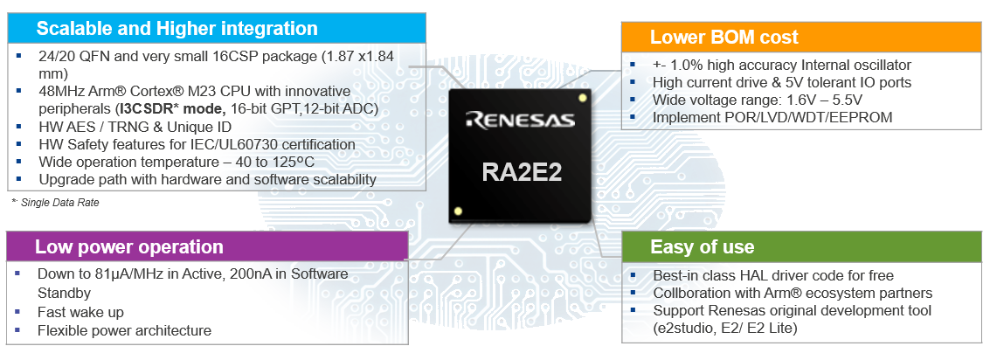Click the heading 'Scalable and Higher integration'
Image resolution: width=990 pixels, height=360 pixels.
tap(177, 28)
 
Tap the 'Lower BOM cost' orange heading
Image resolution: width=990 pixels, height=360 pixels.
tap(723, 37)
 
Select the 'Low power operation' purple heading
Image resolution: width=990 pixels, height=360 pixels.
tap(129, 247)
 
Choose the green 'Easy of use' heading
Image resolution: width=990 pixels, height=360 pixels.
tap(702, 246)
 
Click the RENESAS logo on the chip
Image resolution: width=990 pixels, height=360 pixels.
tap(519, 119)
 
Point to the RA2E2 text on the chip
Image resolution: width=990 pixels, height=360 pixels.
tap(522, 171)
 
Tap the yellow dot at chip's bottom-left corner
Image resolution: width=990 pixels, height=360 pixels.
tap(458, 211)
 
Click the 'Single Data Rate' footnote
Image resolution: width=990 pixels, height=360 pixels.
tap(59, 203)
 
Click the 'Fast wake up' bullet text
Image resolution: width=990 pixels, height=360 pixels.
tap(80, 312)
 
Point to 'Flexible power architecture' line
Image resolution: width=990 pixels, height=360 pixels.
tap(124, 330)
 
